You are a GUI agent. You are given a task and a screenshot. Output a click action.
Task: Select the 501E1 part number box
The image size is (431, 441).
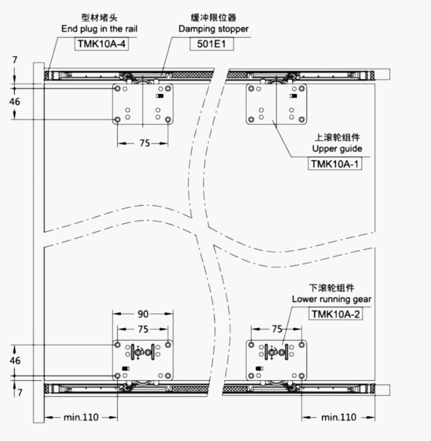coord(212,44)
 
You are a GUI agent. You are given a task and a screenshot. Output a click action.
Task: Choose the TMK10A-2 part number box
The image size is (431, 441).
coord(336,314)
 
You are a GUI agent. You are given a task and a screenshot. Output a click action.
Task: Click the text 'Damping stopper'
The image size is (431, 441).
coord(214,29)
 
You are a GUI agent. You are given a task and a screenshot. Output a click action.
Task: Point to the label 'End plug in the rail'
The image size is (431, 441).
coord(99,29)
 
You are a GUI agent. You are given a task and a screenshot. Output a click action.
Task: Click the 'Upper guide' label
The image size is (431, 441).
coord(337,148)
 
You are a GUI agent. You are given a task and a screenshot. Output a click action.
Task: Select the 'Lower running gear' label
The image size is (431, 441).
coord(331,299)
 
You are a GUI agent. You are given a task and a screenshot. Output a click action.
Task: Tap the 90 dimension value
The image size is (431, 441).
coord(143,314)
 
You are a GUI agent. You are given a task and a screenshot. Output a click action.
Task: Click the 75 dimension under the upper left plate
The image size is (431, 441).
coord(144,143)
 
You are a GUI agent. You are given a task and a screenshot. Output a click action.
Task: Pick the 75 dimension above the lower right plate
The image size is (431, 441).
coord(277,329)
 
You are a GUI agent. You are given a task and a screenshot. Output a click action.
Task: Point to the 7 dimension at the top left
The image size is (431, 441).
coord(15,60)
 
